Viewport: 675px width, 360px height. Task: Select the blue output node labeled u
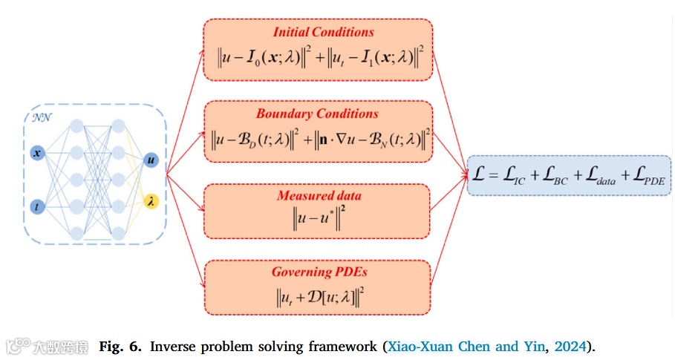(x=151, y=160)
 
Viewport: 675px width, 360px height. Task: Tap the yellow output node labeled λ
(x=151, y=200)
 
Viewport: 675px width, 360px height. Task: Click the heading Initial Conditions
(x=323, y=32)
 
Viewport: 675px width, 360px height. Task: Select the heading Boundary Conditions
(x=317, y=114)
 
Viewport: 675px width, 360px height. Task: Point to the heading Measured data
(x=319, y=196)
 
